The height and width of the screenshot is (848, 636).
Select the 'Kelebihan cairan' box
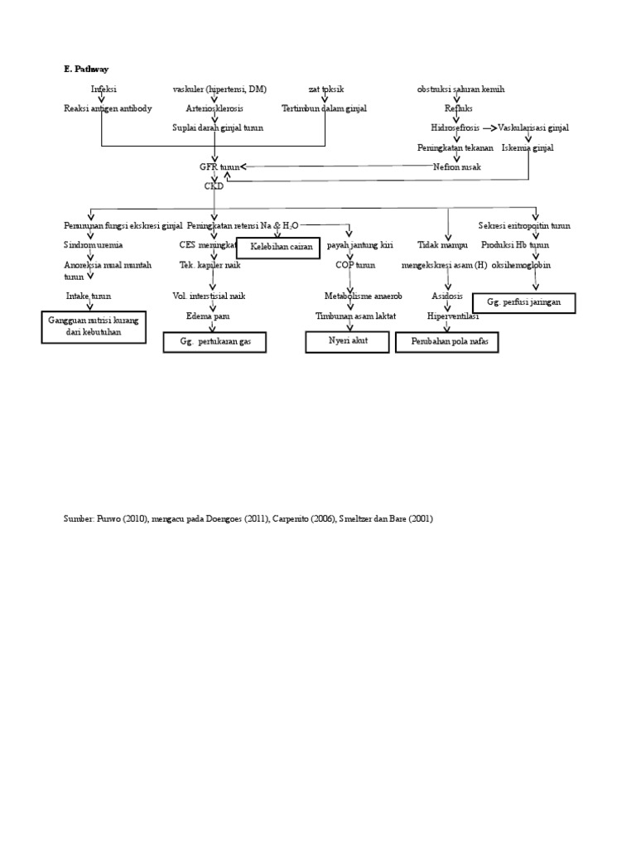click(x=278, y=247)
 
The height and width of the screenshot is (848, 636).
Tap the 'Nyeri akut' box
click(x=347, y=341)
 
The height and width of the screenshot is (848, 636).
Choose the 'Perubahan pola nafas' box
click(x=447, y=342)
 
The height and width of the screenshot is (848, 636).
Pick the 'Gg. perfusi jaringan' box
click(x=523, y=303)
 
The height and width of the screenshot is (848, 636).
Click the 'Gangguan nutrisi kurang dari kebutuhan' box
click(x=94, y=326)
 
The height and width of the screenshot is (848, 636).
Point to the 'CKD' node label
click(x=214, y=186)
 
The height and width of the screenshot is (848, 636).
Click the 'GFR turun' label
click(x=219, y=166)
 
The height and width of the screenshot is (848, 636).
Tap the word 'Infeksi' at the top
click(x=104, y=89)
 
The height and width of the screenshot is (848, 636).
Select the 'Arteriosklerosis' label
click(x=214, y=108)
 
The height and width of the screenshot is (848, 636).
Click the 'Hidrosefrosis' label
click(x=455, y=128)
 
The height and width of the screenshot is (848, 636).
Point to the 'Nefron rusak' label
click(x=456, y=166)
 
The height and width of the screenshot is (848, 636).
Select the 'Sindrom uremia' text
click(x=94, y=245)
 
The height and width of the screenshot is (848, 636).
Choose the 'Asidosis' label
click(x=447, y=296)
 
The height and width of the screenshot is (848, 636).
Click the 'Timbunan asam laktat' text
click(x=354, y=316)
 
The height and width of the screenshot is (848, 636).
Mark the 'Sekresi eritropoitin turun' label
click(x=524, y=225)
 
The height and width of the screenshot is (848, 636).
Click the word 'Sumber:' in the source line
click(x=79, y=518)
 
